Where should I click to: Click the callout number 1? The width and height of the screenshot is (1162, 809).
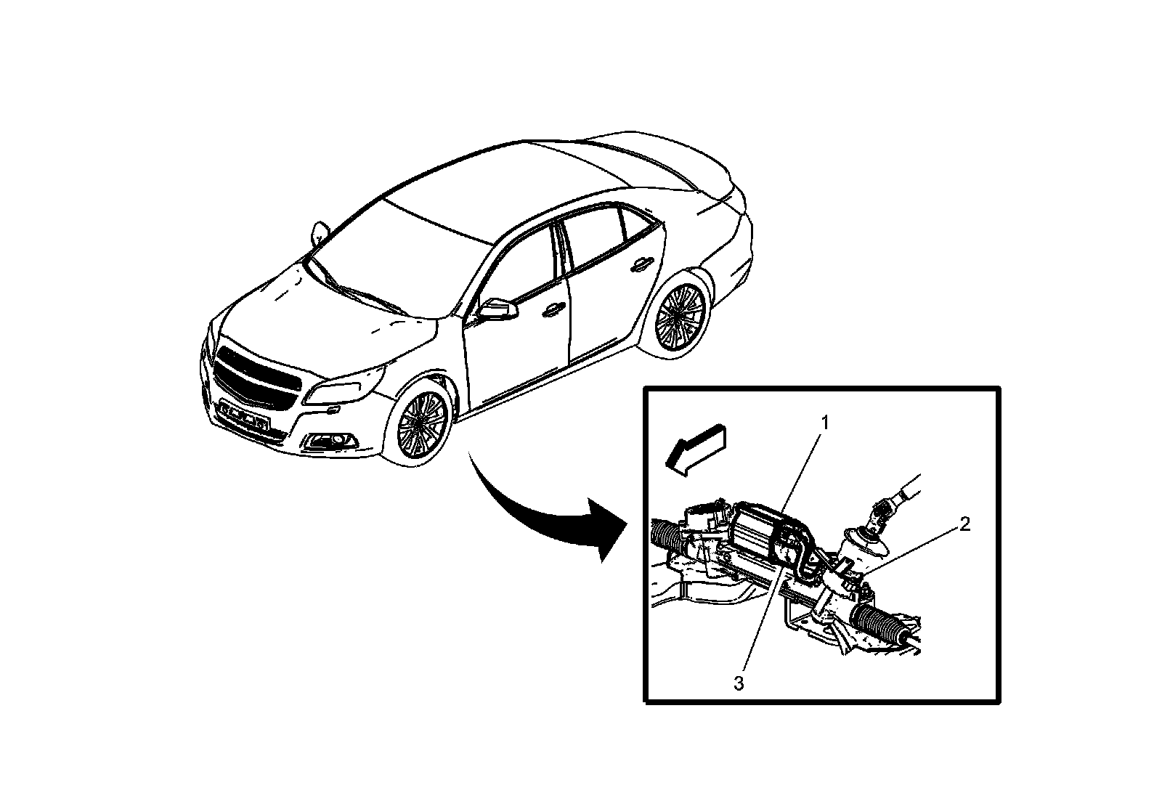[x=824, y=423]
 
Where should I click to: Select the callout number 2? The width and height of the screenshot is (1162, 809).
[x=964, y=524]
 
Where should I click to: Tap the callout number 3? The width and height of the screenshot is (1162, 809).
[x=739, y=683]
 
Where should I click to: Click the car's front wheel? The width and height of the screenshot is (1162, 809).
[x=422, y=425]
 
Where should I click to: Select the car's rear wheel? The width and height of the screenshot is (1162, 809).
[x=680, y=320]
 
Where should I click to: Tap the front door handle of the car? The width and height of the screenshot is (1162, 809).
[x=553, y=309]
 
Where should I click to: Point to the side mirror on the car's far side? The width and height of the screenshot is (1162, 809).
[x=320, y=232]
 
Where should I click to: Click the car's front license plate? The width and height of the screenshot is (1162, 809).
[x=245, y=415]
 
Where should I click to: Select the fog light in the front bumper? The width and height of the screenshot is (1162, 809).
[x=330, y=441]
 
